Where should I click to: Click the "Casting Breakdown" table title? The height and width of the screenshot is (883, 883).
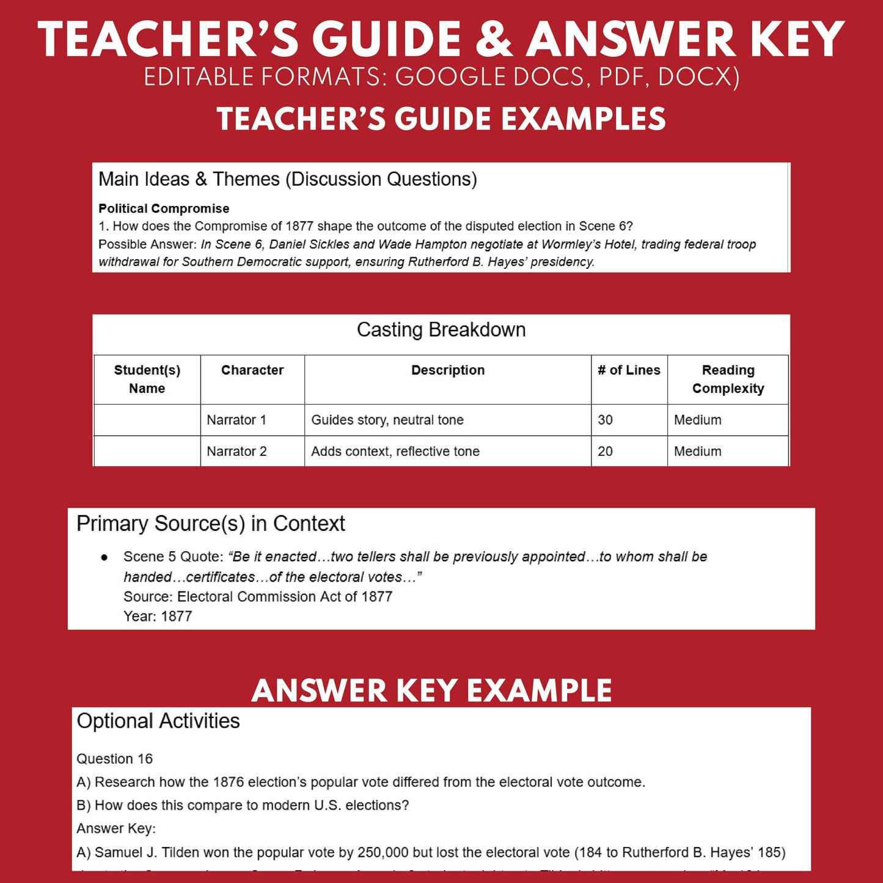[441, 330]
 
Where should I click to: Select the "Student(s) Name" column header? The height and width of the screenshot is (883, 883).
[147, 379]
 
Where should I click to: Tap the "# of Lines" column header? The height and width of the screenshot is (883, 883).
[629, 370]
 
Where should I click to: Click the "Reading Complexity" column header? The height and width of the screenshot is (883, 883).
[728, 379]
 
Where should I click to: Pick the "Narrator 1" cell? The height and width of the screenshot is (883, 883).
[236, 420]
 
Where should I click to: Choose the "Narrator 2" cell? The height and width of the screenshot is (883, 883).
[237, 452]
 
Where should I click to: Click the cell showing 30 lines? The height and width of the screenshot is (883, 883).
[606, 420]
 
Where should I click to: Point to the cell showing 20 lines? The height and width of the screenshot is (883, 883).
[606, 452]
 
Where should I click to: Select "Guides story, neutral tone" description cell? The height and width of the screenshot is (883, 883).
[387, 420]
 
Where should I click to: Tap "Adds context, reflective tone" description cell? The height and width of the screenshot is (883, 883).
[395, 452]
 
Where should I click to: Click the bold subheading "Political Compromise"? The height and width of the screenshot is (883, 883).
[164, 208]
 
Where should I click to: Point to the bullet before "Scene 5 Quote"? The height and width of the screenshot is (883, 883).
[104, 557]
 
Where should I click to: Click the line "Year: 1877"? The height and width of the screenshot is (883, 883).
[158, 616]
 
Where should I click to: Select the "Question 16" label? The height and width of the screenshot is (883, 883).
[114, 759]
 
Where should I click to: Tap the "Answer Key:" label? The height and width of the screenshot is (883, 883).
[116, 829]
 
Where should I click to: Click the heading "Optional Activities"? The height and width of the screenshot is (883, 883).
[158, 721]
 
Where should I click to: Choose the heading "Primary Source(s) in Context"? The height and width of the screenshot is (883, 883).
[211, 524]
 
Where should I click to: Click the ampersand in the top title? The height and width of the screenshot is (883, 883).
[494, 39]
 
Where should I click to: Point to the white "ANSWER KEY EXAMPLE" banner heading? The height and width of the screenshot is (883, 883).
[431, 691]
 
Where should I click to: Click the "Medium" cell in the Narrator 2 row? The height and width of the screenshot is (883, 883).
[698, 452]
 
